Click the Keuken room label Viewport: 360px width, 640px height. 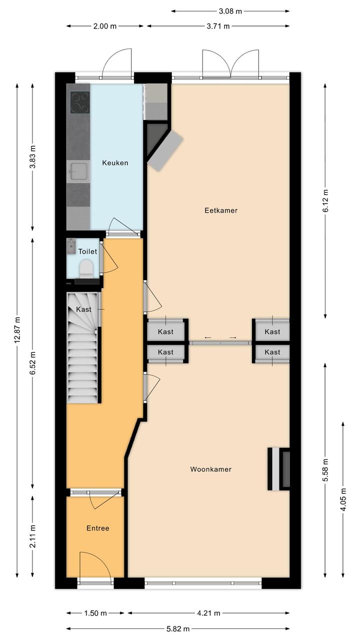115,163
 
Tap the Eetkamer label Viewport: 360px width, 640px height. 221,210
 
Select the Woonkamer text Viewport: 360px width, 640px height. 210,469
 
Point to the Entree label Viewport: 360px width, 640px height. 97,528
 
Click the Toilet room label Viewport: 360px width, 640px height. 87,251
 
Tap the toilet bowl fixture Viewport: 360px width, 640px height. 85,269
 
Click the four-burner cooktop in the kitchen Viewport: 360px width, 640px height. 80,102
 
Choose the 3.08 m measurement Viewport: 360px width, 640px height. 230,11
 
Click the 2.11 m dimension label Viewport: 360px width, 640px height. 33,536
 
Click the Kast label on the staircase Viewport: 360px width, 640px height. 83,309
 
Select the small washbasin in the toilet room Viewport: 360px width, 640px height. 71,247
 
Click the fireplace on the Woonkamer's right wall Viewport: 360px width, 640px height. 279,468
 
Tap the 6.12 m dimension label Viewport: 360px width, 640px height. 325,201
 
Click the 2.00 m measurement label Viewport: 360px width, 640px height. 105,27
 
